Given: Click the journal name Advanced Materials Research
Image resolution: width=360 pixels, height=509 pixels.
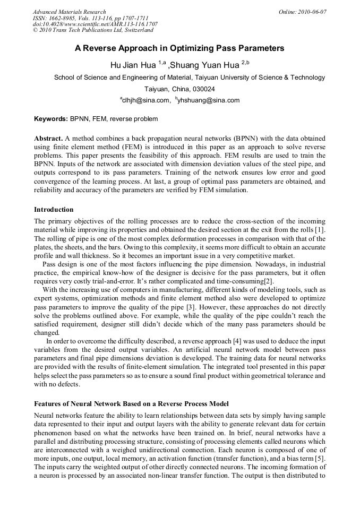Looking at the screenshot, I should [x=70, y=12].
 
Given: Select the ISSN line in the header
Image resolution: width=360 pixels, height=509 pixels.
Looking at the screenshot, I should [x=83, y=18].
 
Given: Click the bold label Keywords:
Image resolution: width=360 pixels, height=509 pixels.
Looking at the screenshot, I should [x=51, y=119].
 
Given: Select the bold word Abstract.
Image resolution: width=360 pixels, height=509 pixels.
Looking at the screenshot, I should [x=49, y=138].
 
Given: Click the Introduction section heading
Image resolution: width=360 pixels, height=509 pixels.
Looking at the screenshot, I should [x=54, y=210].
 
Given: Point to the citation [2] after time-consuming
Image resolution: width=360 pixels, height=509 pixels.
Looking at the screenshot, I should [x=268, y=280].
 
